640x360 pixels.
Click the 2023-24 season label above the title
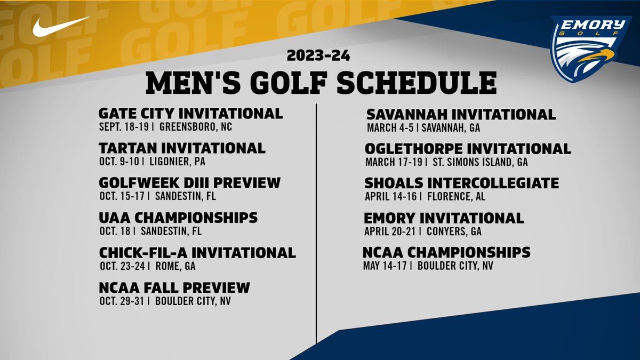(x=318, y=55)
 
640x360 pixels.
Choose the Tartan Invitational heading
(x=182, y=148)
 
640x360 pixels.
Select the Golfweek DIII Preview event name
(x=189, y=182)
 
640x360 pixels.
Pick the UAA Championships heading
(x=178, y=218)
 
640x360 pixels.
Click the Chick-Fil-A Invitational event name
(x=197, y=252)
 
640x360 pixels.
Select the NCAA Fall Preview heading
(x=174, y=287)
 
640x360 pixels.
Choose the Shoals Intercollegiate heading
(x=461, y=183)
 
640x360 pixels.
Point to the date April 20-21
(x=390, y=231)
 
